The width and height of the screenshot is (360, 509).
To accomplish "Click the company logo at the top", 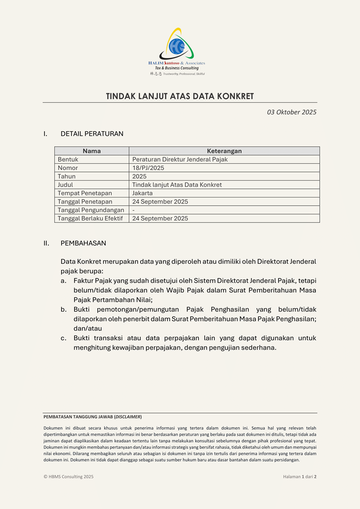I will (x=177, y=51).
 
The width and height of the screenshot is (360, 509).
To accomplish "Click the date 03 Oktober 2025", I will (x=291, y=112).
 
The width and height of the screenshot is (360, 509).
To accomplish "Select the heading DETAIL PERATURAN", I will (x=92, y=134).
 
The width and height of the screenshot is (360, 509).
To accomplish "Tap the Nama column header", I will (x=92, y=151).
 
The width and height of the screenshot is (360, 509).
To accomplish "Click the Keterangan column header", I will (x=224, y=151).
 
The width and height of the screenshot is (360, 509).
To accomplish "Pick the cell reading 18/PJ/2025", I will (x=148, y=168).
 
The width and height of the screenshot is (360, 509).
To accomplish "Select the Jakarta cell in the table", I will (x=143, y=193).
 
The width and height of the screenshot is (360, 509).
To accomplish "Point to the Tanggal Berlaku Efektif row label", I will (x=90, y=218).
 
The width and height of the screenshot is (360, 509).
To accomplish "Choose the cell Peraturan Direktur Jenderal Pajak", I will (x=180, y=159).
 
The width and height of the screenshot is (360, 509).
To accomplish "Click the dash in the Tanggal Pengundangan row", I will (x=133, y=210).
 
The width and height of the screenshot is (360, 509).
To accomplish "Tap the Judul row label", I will (x=65, y=185).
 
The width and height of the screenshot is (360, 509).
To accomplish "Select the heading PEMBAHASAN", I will (x=83, y=243).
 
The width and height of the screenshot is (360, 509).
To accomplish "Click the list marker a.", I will (x=63, y=280).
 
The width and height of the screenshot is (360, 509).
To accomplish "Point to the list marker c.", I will (x=63, y=338).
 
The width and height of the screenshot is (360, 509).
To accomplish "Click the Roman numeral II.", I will (x=46, y=243).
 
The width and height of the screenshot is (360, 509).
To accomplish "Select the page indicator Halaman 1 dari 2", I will (x=299, y=477).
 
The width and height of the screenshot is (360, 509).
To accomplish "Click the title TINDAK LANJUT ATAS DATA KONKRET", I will (x=180, y=96).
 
